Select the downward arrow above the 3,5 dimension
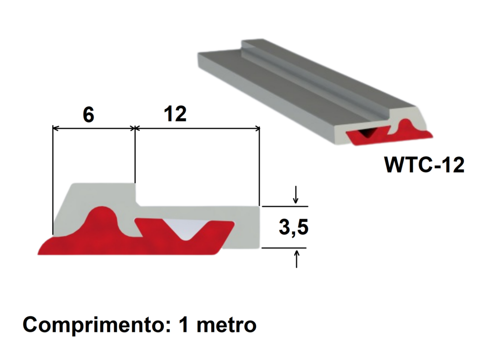coord(296,194)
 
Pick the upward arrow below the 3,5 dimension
coord(297,258)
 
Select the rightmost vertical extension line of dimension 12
coord(259,166)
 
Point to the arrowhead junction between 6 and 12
coord(135,128)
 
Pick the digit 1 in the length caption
coord(184,326)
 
